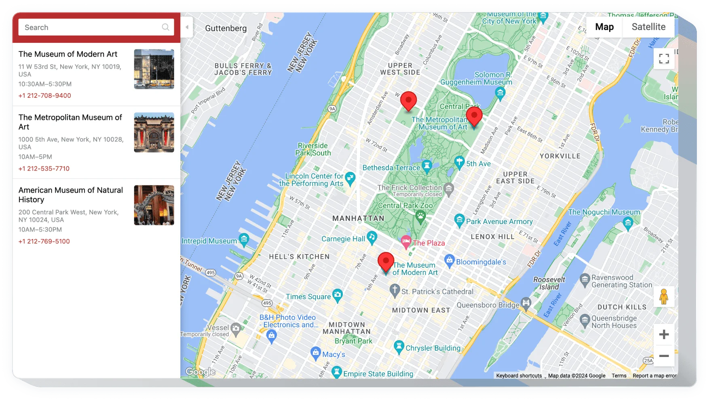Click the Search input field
91,27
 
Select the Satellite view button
648,27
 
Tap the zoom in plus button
664,335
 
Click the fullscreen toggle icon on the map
664,59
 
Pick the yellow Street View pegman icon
664,297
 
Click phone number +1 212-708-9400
44,96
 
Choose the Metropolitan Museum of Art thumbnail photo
154,132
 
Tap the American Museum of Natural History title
71,195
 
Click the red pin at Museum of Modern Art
386,261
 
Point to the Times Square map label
308,297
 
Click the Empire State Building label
378,374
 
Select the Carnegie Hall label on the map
343,239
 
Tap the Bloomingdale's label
481,262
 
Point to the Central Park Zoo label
405,206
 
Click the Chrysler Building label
433,348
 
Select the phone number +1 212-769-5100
44,241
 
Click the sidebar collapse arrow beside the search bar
187,27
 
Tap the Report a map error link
654,376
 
